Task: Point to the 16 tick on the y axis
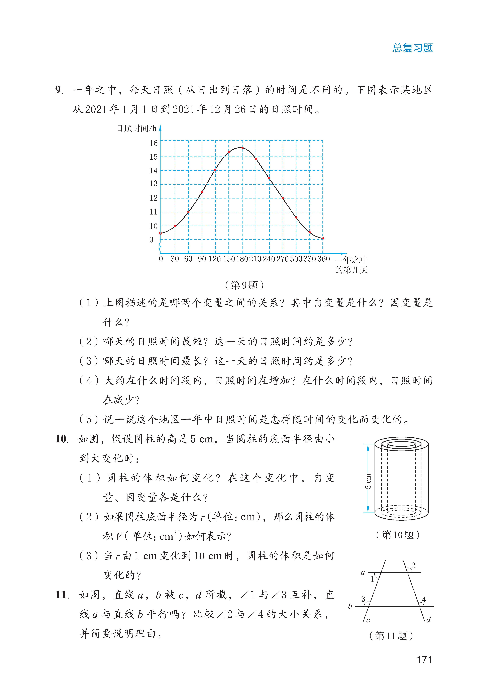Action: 153,143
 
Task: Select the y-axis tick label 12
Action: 153,198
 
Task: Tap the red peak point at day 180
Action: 242,148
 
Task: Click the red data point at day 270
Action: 283,198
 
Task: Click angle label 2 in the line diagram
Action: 413,565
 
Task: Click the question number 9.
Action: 59,90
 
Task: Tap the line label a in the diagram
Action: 363,572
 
